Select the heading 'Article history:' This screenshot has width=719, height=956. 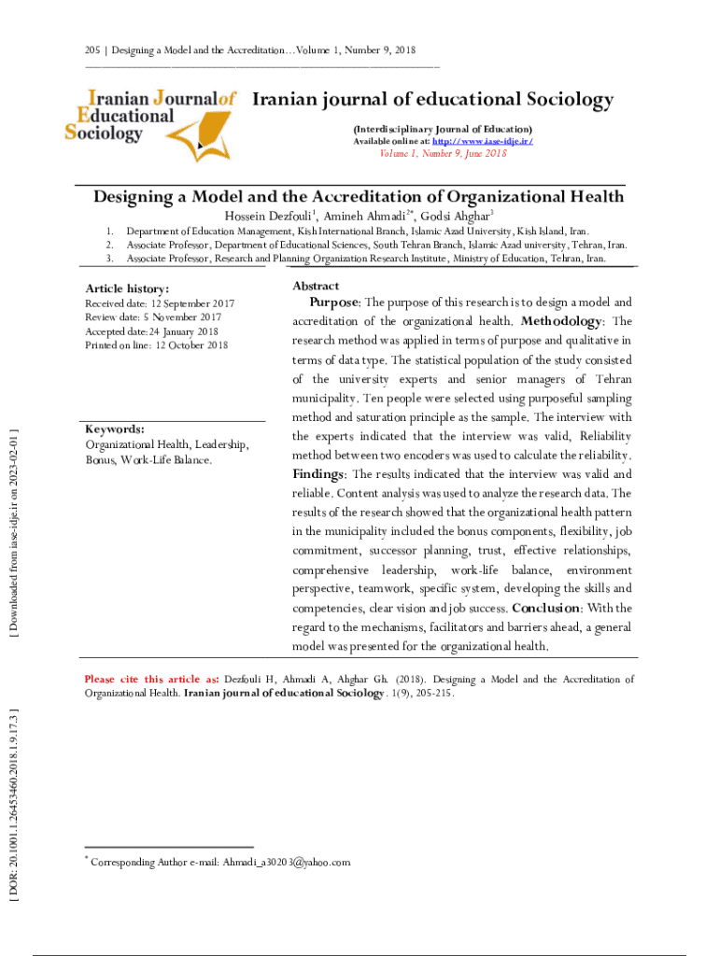127,289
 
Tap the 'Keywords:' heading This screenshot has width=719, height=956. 115,429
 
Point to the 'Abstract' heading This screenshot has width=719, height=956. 316,286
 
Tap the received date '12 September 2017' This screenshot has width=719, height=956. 192,304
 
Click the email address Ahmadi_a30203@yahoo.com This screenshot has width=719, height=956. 286,863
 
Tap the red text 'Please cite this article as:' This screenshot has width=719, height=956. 151,680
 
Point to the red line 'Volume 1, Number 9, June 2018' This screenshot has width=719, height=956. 443,154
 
